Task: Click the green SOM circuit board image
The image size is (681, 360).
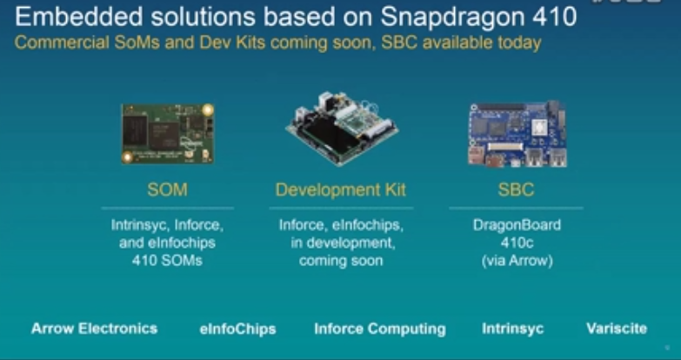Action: (x=168, y=134)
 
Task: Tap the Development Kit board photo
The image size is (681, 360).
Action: (x=342, y=129)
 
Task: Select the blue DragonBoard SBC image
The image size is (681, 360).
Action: (x=517, y=134)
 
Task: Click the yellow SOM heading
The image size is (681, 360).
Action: (x=167, y=190)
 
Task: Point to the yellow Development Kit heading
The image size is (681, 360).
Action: (x=341, y=190)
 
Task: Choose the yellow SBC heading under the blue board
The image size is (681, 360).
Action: (x=516, y=190)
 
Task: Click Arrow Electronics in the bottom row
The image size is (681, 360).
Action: (x=94, y=329)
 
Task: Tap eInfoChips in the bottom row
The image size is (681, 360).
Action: (x=237, y=329)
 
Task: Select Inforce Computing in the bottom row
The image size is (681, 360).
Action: (x=380, y=329)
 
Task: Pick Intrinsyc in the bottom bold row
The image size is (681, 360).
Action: (x=512, y=329)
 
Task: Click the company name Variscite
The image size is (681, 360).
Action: (x=617, y=329)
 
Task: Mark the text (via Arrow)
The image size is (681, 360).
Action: (x=517, y=261)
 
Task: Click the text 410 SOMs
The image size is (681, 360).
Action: (x=167, y=261)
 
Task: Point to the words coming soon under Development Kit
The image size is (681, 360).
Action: (x=341, y=261)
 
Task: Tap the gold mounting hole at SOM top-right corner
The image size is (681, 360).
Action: (x=208, y=110)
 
